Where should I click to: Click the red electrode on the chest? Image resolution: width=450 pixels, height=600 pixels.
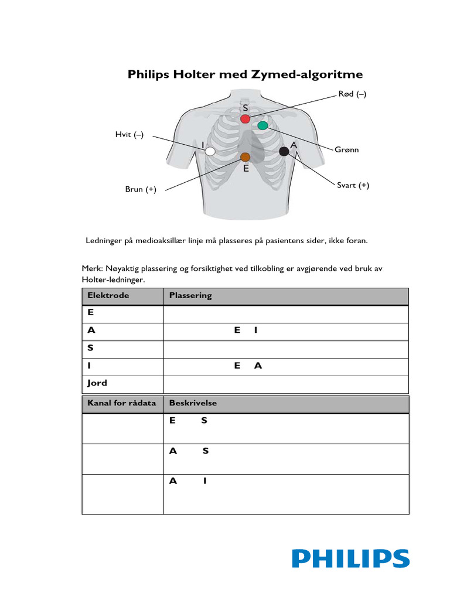(245, 119)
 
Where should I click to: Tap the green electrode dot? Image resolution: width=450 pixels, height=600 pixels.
(262, 125)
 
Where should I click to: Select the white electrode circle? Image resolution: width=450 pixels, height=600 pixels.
(210, 151)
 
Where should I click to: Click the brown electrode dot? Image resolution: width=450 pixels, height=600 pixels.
(245, 156)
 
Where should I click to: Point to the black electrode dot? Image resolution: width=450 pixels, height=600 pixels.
(284, 151)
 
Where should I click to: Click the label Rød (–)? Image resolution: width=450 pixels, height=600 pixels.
(352, 94)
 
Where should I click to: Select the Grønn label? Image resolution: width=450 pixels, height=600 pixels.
(347, 149)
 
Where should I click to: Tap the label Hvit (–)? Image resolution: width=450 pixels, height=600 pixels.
(129, 135)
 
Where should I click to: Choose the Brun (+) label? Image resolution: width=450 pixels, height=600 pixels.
(141, 189)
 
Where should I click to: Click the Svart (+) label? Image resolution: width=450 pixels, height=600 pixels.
(352, 185)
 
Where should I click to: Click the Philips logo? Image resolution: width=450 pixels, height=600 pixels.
(350, 558)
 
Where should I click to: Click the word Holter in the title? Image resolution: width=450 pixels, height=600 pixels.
(195, 74)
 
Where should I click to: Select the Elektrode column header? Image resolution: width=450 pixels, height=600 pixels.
(108, 296)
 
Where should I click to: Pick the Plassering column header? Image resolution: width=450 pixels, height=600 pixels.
(190, 296)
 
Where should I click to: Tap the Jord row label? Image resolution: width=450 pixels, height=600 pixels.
(97, 383)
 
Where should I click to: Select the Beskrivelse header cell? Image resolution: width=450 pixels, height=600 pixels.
(193, 404)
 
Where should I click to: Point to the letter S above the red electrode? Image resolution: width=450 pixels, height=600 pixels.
(246, 108)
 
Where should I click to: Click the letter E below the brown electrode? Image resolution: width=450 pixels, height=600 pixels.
(246, 169)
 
